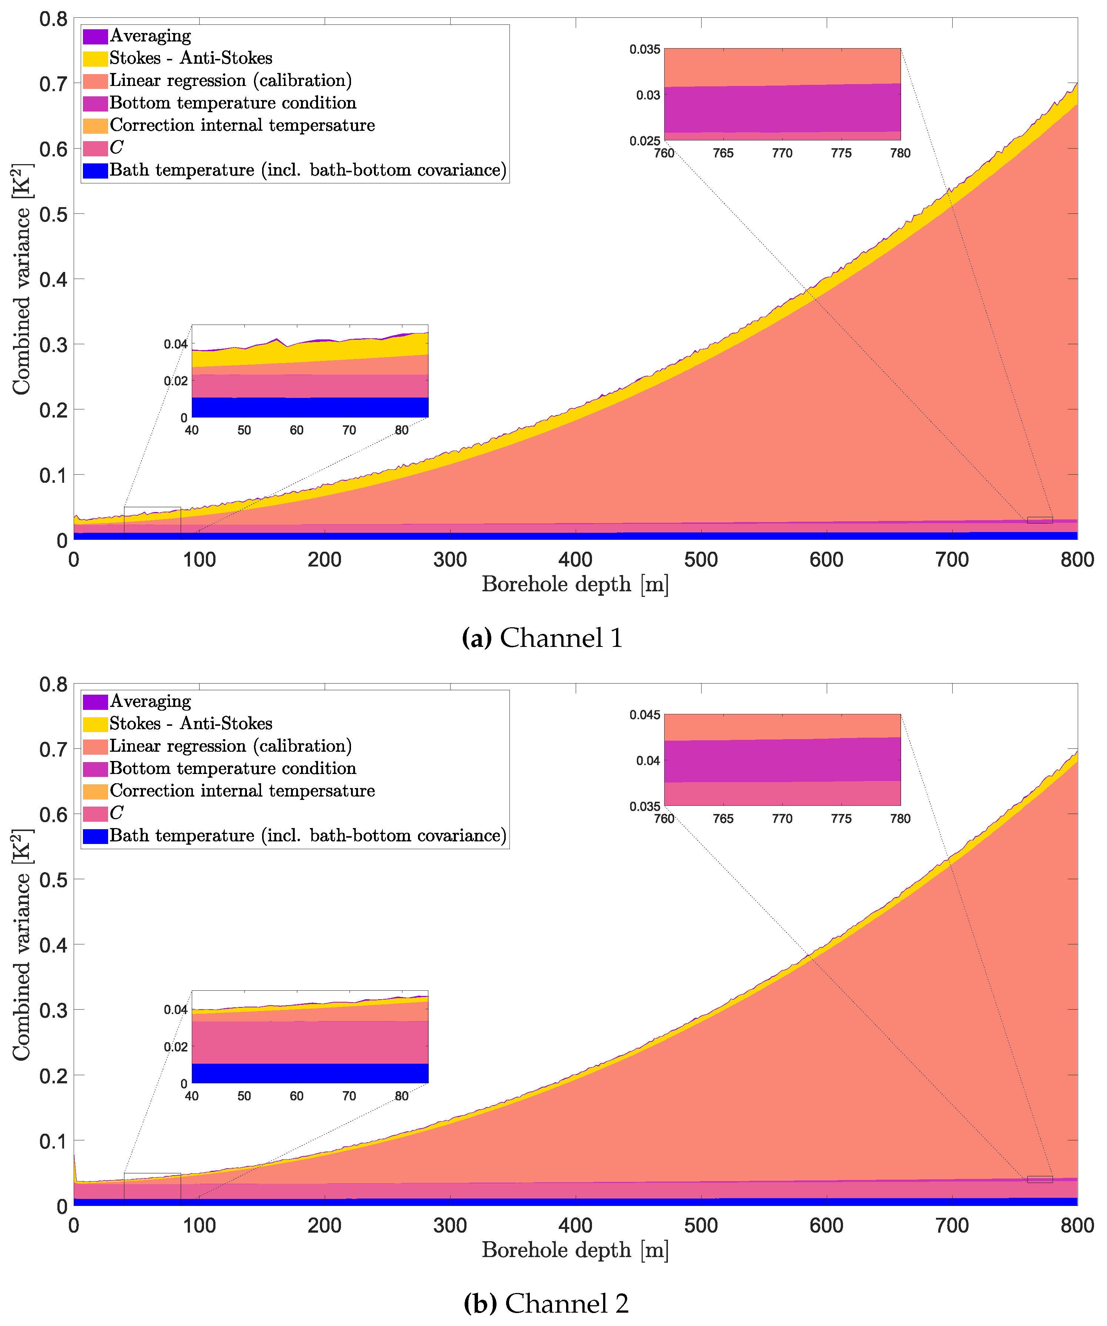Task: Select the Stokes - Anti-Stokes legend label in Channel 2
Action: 191,724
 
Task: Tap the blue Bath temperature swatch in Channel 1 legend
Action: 95,170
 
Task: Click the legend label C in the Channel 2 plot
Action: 117,813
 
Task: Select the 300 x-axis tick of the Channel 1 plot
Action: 450,560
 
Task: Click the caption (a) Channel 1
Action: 542,638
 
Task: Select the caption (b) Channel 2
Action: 546,1303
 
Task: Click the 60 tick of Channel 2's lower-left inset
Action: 297,1096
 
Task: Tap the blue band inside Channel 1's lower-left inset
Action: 309,407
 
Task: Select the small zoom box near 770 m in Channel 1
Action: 1040,520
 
